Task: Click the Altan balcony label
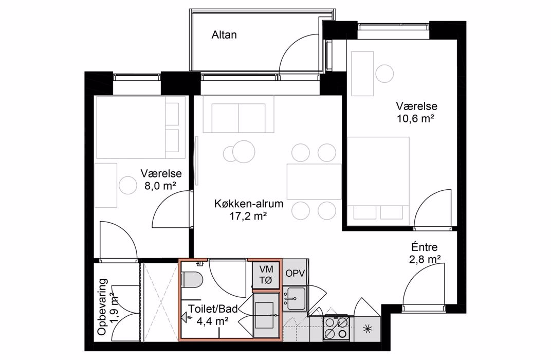pos(224,35)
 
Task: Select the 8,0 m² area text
pos(160,186)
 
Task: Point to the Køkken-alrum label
pos(249,204)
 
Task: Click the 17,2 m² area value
pos(248,216)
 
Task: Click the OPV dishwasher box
pos(295,273)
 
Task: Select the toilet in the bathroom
pos(192,280)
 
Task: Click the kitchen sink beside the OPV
pos(295,298)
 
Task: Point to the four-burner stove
pos(336,328)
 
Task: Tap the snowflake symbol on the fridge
pos(367,330)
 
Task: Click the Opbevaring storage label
pos(102,307)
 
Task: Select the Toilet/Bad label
pos(213,309)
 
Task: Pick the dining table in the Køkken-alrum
pos(314,182)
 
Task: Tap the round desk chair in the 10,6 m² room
pos(384,74)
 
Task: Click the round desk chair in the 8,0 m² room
pos(127,185)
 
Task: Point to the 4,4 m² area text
pos(213,320)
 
